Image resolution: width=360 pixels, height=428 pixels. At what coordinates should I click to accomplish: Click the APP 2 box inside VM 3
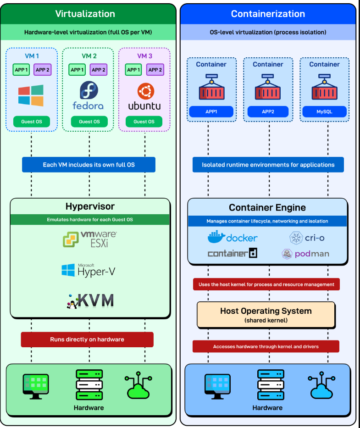(x=155, y=70)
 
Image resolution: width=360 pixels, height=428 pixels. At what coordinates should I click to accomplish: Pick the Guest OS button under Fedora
(x=89, y=122)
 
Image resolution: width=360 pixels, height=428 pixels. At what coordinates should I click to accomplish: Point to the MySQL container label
(x=324, y=111)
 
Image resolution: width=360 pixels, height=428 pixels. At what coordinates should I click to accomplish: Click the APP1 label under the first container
(x=211, y=111)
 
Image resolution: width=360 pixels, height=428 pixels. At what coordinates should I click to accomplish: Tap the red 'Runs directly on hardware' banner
(x=87, y=339)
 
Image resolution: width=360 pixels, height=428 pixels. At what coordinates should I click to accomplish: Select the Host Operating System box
(x=266, y=315)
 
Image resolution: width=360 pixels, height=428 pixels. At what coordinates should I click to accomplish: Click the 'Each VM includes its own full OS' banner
(x=89, y=165)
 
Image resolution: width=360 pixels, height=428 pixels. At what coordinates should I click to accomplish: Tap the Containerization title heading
(x=268, y=14)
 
